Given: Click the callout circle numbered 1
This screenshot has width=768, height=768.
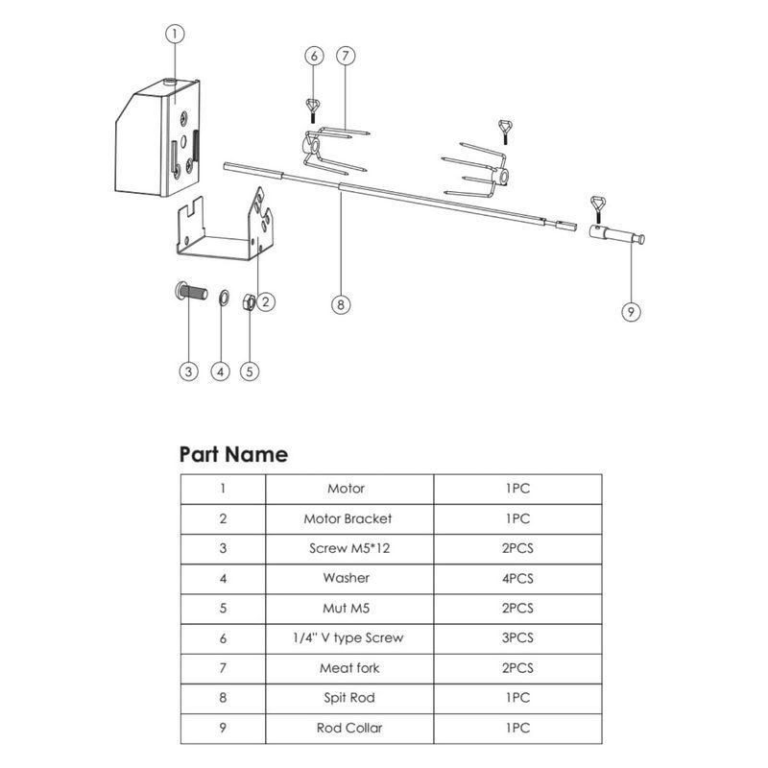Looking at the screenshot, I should (x=174, y=34).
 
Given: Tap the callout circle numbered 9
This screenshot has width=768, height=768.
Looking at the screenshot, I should (x=632, y=311).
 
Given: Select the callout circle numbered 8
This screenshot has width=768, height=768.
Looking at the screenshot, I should (x=340, y=305).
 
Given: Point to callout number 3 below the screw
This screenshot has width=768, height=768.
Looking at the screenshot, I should (x=189, y=372).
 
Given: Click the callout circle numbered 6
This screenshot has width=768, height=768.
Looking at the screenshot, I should (x=313, y=56).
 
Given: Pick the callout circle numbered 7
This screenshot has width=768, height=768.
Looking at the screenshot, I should (x=345, y=56).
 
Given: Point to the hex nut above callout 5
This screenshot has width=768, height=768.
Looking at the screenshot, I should (x=246, y=301).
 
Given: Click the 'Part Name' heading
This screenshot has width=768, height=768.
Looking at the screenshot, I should (x=233, y=454).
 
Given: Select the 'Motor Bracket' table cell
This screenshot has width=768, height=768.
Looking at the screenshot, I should (x=348, y=518).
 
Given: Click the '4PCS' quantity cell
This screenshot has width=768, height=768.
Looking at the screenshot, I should (x=518, y=578).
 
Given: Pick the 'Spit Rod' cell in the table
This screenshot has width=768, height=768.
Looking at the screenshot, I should (x=348, y=698).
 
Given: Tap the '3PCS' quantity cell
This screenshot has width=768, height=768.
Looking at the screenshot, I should (x=518, y=638).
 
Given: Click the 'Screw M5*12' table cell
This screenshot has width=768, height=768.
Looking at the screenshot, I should (x=348, y=548).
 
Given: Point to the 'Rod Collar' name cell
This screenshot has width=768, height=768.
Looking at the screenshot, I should (x=348, y=728).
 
